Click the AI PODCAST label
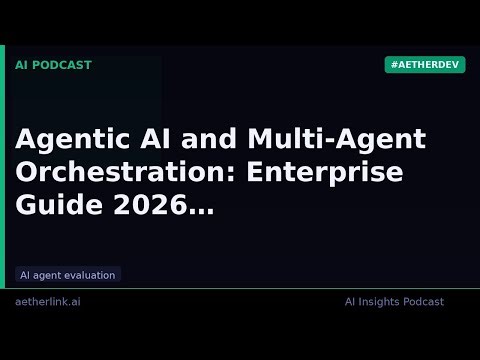53,65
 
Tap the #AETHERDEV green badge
424,65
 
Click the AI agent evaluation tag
68,275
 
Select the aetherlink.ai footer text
48,302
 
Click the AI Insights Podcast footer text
394,302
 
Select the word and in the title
208,140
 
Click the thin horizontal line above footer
240,288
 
